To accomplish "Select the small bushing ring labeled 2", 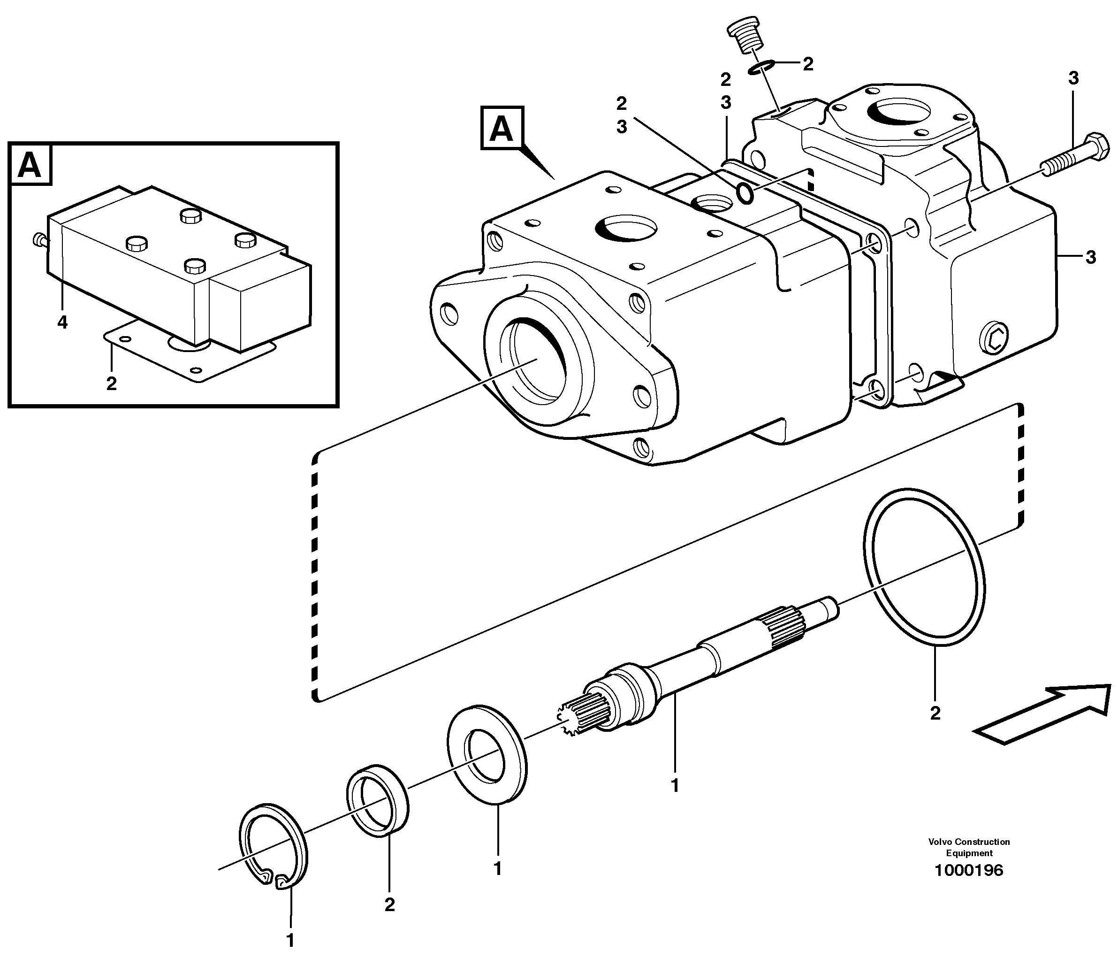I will [x=377, y=800].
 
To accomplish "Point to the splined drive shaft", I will [x=696, y=665].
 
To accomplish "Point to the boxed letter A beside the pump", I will [x=501, y=128].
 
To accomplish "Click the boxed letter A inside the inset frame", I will [x=30, y=164].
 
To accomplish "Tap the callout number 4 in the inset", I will [x=62, y=322].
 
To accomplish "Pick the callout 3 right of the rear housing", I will [x=1090, y=258].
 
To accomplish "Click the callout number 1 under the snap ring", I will [x=290, y=940].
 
